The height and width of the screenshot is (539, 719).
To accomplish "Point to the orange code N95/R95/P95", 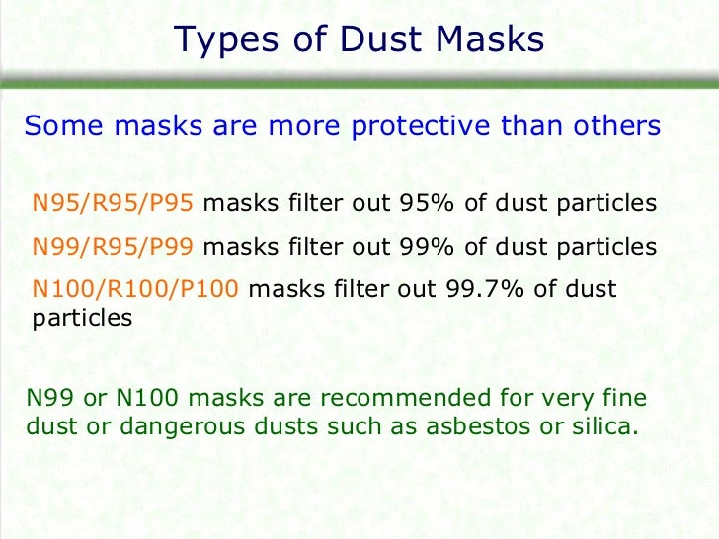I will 117,204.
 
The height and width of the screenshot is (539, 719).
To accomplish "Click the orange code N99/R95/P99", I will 117,247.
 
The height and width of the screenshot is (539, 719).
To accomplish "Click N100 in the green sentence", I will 145,399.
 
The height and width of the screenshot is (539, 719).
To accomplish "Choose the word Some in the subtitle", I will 58,127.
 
